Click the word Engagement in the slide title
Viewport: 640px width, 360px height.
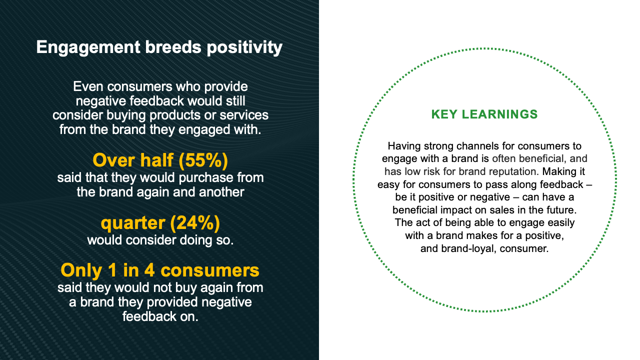click(x=88, y=47)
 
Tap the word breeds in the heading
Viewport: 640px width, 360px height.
click(x=173, y=47)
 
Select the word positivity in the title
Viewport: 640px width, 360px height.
click(x=244, y=47)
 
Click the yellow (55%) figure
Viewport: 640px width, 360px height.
click(x=203, y=160)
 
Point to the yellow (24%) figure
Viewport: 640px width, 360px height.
click(x=195, y=223)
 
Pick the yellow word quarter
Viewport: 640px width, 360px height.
click(x=133, y=223)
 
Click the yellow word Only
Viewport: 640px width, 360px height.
click(x=81, y=270)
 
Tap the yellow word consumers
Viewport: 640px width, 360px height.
click(x=210, y=271)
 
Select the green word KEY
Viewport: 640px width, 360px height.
click(x=444, y=114)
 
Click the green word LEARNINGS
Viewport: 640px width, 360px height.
click(x=499, y=114)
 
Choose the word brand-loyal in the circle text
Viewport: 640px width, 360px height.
click(x=467, y=248)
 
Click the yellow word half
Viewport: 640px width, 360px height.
click(x=157, y=160)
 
